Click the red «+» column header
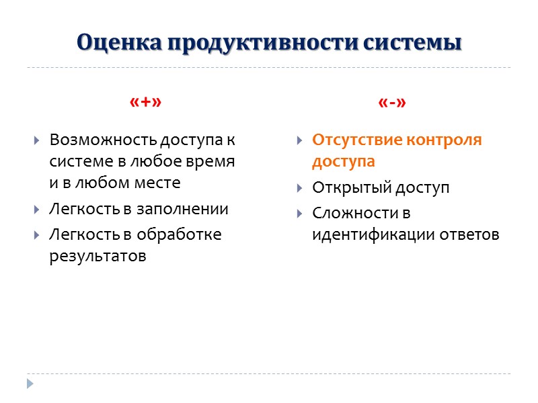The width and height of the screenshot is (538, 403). [145, 102]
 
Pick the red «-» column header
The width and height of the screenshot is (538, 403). [393, 102]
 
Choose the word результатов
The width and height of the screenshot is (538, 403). [98, 257]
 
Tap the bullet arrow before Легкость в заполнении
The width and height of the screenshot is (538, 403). [37, 210]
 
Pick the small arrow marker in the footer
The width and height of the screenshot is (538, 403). [29, 384]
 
